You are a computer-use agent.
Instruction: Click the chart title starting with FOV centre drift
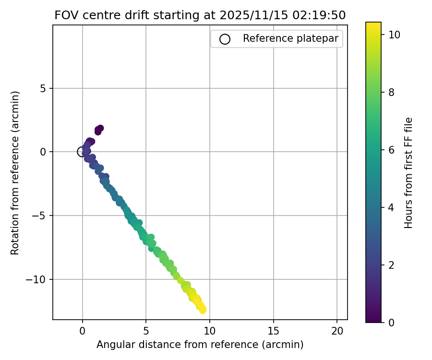(200, 15)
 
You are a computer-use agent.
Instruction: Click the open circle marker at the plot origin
(82, 152)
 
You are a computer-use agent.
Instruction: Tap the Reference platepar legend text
(290, 38)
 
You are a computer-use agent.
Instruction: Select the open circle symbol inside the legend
(225, 39)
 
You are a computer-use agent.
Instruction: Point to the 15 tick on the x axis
(274, 331)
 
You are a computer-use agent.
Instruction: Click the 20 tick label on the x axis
(337, 331)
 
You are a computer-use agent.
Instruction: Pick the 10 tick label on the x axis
(210, 331)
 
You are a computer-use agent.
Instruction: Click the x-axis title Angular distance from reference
(200, 345)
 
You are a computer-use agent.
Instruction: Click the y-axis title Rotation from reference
(15, 173)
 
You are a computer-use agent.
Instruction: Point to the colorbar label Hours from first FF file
(408, 173)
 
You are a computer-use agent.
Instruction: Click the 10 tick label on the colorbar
(395, 35)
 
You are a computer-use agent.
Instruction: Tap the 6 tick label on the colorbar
(391, 150)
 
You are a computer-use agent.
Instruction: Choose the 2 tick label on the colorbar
(391, 264)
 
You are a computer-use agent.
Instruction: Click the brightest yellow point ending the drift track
(202, 310)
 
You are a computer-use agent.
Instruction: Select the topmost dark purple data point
(100, 128)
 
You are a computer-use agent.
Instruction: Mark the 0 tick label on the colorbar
(391, 322)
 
